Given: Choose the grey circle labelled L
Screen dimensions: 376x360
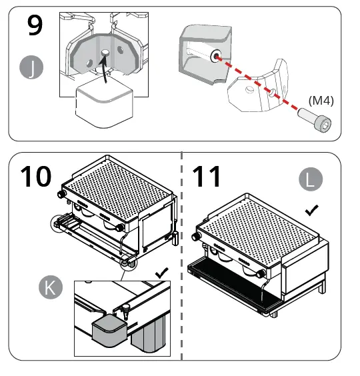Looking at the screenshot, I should pyautogui.click(x=310, y=179).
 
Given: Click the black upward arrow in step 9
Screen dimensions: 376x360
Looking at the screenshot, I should pyautogui.click(x=101, y=66).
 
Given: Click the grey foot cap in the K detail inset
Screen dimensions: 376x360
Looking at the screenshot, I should pyautogui.click(x=106, y=331).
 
